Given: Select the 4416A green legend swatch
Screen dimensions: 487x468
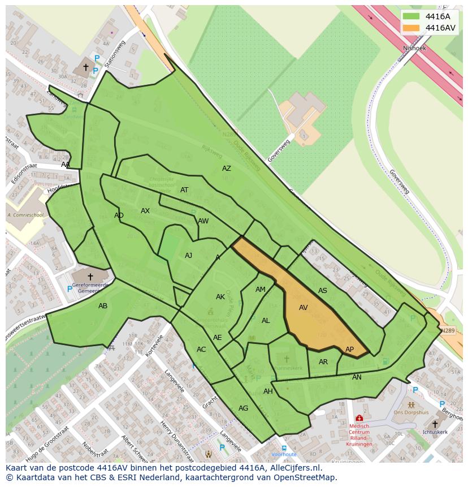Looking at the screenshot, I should (x=411, y=16).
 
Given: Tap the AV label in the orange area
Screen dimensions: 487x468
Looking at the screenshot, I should (x=304, y=308).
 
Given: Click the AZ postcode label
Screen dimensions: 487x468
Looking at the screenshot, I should (x=227, y=169).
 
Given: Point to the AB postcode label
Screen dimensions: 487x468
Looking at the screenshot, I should (x=103, y=306).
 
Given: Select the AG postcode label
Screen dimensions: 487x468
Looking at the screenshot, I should (x=243, y=408).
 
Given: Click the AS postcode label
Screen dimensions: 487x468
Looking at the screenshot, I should (x=323, y=291).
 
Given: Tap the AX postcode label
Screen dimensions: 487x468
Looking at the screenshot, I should (x=145, y=211).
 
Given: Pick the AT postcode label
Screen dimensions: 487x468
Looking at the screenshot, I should (x=184, y=190).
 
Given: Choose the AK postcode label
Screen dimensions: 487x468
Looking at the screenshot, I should (x=220, y=297).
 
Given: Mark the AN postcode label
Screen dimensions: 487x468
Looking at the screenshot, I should (x=357, y=377).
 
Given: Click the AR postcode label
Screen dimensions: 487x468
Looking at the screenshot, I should (x=323, y=362).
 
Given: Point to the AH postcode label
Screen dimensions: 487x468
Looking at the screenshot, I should (x=268, y=391).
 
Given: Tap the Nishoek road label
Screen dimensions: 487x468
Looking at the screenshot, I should (x=414, y=49).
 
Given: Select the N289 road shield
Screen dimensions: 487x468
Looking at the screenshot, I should (x=448, y=330).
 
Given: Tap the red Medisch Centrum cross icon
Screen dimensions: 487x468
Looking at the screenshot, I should (x=359, y=418).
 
